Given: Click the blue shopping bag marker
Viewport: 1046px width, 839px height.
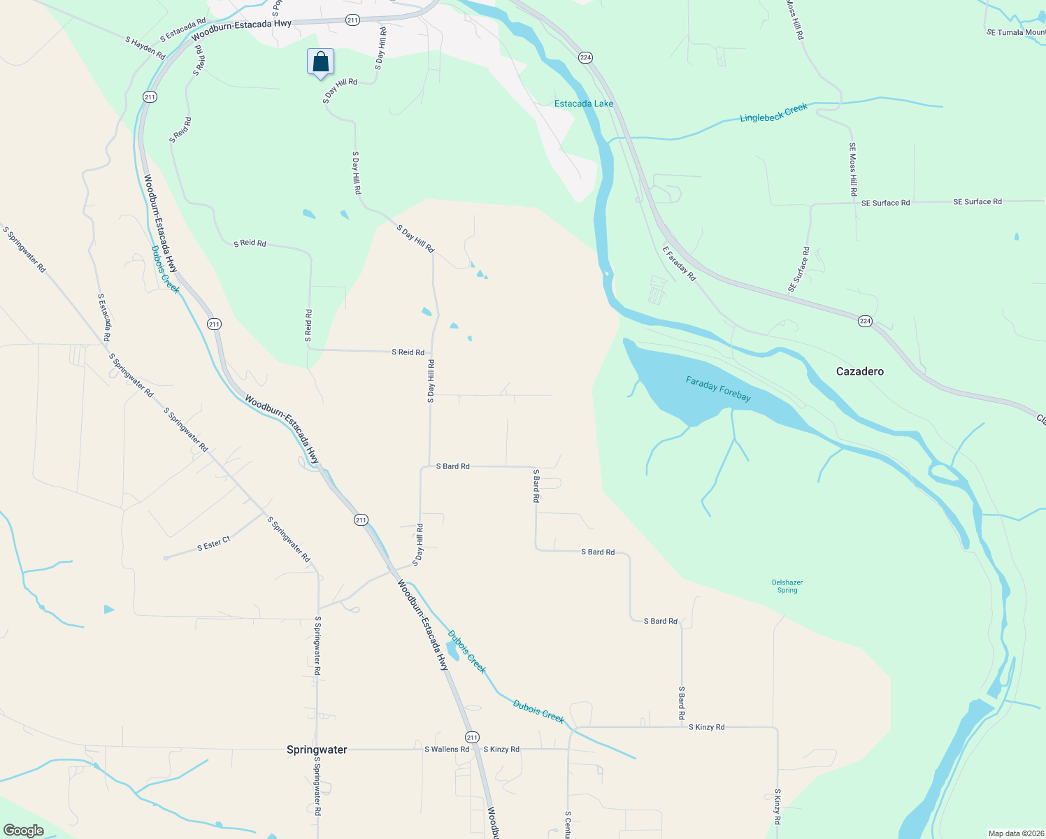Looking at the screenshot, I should [320, 62].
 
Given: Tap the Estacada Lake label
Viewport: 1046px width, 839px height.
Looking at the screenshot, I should [583, 103].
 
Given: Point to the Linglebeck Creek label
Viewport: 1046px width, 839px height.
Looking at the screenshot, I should [773, 113].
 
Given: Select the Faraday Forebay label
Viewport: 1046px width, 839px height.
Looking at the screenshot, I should [718, 389].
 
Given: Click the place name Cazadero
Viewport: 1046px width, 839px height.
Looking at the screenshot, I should [859, 371].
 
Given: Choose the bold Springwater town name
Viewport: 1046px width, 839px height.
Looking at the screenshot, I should [317, 750].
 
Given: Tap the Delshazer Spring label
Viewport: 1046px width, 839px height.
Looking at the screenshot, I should [787, 586].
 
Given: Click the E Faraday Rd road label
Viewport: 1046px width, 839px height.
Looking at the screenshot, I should [680, 264].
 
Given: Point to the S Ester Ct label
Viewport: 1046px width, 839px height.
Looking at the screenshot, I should [214, 544].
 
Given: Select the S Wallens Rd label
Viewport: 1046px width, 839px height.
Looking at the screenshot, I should [447, 750].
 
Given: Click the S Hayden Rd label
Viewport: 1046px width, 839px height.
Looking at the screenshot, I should [145, 48].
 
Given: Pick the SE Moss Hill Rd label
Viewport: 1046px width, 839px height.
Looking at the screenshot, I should [853, 168].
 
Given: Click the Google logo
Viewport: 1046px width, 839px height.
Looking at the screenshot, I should [24, 831].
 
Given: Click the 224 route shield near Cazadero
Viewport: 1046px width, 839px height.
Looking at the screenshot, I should [865, 321].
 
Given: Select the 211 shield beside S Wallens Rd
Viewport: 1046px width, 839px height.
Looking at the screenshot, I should [472, 737].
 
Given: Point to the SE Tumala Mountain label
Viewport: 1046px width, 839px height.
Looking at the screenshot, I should [1016, 32].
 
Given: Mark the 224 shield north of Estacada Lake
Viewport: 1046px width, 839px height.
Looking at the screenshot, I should [585, 57].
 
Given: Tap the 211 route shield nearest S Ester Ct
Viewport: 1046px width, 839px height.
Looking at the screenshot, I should [360, 519].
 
